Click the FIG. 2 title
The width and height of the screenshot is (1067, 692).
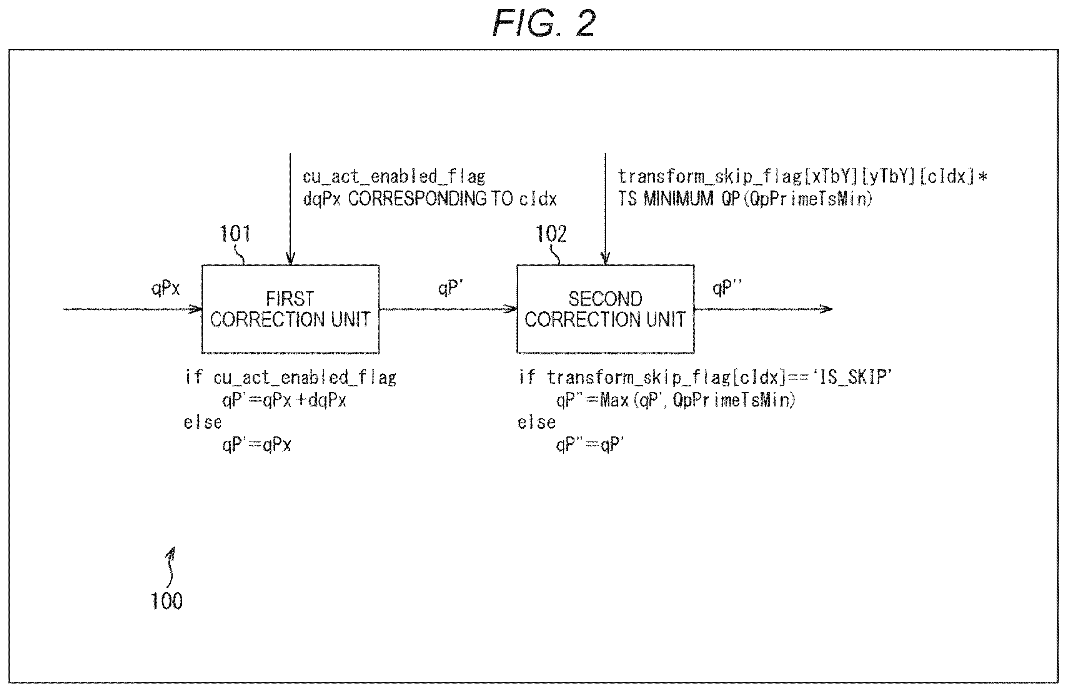tap(544, 23)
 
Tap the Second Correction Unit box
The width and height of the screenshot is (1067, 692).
tap(605, 309)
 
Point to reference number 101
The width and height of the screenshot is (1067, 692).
tap(235, 234)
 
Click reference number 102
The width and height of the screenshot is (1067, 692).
tap(551, 234)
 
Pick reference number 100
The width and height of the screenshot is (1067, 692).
tap(167, 601)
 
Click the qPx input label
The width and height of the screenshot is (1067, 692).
tap(165, 287)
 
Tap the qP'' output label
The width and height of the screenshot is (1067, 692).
tap(727, 287)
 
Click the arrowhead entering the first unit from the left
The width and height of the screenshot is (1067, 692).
tap(196, 309)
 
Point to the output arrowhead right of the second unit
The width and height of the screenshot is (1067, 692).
tap(826, 309)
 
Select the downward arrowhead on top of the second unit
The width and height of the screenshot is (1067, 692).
tap(605, 259)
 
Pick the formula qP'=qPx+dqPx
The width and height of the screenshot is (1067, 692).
tap(284, 400)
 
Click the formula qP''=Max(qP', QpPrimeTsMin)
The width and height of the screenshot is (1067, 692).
tap(676, 400)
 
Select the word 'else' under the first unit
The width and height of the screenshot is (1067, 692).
tap(203, 422)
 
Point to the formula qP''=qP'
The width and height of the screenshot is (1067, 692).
tap(590, 445)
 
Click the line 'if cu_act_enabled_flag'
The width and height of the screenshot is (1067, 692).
tap(291, 378)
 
